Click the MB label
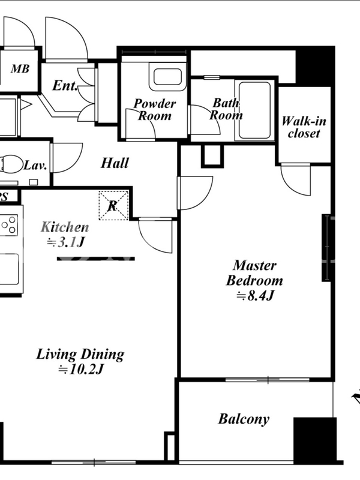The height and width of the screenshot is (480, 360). click(x=20, y=69)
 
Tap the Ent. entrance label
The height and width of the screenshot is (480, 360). click(x=65, y=85)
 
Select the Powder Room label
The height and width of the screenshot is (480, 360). click(x=155, y=110)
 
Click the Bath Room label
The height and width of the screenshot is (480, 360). click(x=226, y=109)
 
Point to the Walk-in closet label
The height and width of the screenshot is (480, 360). click(x=304, y=127)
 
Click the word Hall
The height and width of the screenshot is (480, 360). click(x=115, y=163)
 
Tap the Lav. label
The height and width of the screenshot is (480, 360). click(x=35, y=166)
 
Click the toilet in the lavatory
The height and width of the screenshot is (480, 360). click(x=11, y=163)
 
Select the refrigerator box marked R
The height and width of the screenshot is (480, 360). click(x=113, y=205)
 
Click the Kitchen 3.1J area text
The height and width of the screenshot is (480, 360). click(x=65, y=235)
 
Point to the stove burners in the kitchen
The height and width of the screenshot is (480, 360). click(x=9, y=224)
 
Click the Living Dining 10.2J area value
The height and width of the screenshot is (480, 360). click(x=81, y=370)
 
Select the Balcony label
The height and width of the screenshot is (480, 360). click(x=244, y=419)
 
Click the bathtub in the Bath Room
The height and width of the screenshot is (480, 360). click(x=254, y=110)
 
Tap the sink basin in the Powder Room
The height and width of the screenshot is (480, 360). click(x=167, y=77)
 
